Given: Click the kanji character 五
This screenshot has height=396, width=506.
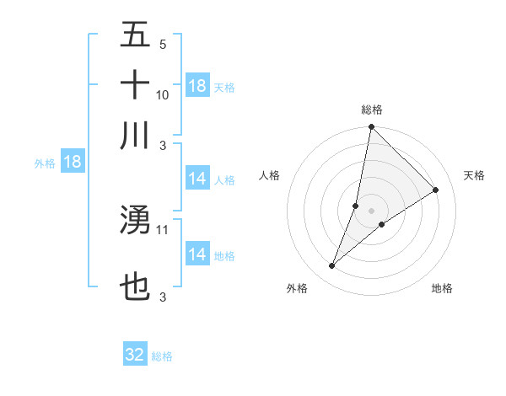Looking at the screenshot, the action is coord(135,36).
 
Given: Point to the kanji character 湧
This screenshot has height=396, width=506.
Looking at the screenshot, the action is coord(135,221).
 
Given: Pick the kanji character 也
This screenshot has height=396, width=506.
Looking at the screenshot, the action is coord(135,287).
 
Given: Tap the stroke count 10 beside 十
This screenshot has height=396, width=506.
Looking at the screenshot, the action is coord(163,94).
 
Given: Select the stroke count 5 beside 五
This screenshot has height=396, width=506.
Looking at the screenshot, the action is coord(163,44).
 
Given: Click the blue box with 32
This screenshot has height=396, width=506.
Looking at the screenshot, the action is coord(135,355).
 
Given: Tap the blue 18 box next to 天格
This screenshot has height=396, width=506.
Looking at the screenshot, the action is coord(196,86).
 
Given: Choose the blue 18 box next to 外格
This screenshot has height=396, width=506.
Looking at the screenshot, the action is coord(73,162).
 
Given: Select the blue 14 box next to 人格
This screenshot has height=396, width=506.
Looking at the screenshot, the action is coord(196,179).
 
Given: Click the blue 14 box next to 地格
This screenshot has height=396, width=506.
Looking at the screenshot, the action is coord(196,254).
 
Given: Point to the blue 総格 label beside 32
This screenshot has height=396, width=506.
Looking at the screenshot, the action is coord(162,356).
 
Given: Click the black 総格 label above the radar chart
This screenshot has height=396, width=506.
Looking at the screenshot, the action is coord(372,110).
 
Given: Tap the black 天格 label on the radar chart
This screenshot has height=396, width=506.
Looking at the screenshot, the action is coord(475,175).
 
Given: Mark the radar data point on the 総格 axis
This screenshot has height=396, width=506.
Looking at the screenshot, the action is coord(371,128).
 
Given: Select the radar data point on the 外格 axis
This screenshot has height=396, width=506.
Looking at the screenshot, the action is coord(331,266).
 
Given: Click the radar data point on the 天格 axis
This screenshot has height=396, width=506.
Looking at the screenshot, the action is coord(436,190).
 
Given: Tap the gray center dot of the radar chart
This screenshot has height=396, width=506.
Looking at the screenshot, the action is coord(371,211).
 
